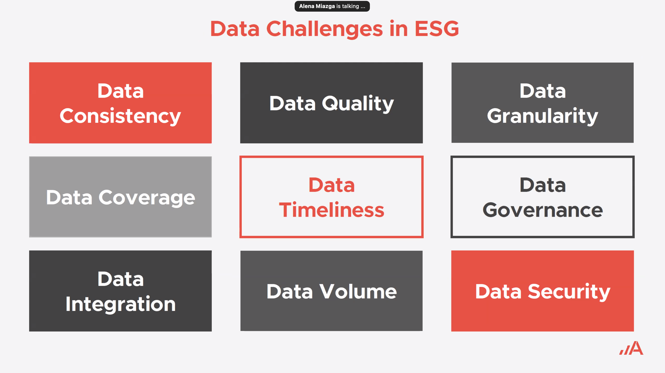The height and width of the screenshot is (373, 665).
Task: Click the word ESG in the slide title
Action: [x=437, y=29]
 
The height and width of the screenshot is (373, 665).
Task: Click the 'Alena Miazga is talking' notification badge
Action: [x=332, y=6]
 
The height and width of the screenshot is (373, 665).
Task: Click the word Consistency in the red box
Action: [x=120, y=116]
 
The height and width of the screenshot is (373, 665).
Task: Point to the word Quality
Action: [x=358, y=104]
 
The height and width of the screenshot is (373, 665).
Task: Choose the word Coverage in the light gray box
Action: [x=147, y=198]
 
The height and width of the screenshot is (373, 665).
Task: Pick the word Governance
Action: [x=543, y=210]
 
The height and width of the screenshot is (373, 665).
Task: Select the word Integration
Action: [x=120, y=304]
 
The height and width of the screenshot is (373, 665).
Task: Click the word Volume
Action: [x=358, y=292]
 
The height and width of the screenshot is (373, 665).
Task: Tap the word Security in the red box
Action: [x=569, y=292]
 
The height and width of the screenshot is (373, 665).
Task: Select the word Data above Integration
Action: [x=120, y=279]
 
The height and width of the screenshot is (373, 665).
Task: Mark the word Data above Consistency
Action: [x=120, y=91]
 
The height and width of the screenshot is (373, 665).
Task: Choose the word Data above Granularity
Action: [x=543, y=91]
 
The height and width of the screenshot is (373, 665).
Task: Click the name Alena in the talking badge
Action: [x=307, y=6]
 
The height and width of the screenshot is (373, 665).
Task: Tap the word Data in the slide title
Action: [x=235, y=29]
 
